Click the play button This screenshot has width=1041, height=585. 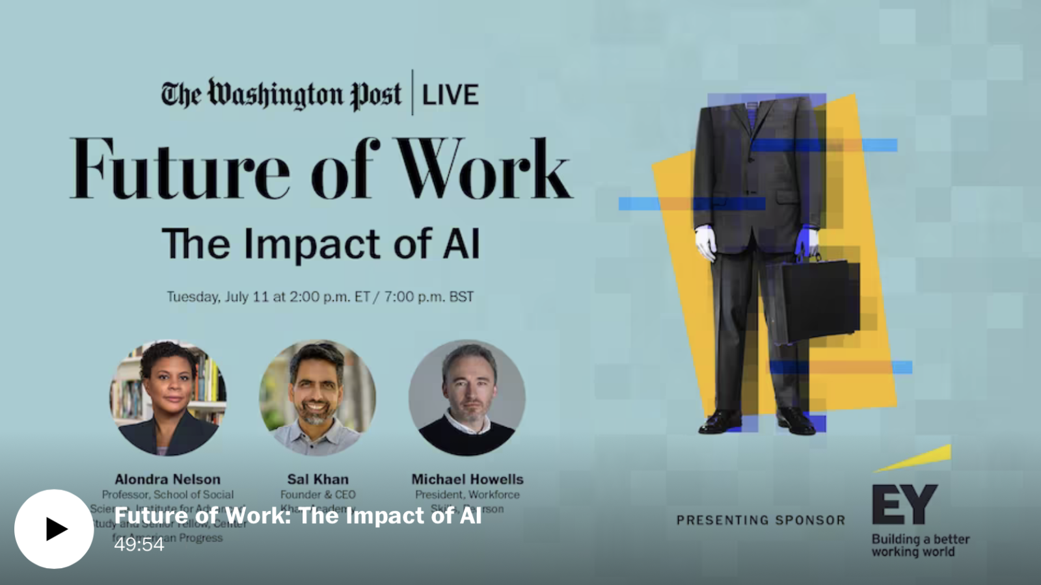tap(54, 528)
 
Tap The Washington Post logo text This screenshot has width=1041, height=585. tap(281, 95)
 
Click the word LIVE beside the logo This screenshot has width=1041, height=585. tap(450, 96)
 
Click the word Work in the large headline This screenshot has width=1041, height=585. tap(485, 169)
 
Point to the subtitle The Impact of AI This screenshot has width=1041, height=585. tap(321, 244)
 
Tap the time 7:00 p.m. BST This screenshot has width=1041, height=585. tap(429, 297)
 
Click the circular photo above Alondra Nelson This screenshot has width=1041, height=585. tap(168, 397)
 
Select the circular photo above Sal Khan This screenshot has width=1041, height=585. tap(318, 397)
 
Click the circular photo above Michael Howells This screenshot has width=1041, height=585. tap(467, 397)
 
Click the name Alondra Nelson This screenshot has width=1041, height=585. tap(168, 479)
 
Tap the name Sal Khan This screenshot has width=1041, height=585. tap(318, 479)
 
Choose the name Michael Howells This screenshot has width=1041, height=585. tap(467, 479)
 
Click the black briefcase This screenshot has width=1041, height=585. tap(813, 299)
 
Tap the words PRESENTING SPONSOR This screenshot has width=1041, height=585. tap(761, 520)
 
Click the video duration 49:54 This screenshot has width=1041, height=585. tap(139, 545)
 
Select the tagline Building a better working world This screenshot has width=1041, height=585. tap(920, 545)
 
